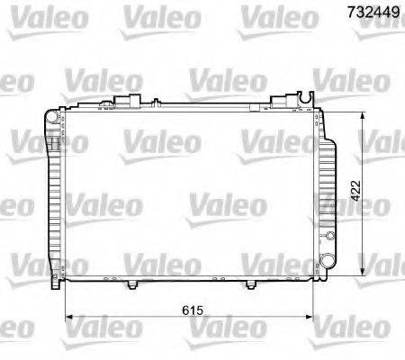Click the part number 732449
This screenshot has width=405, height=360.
tap(373, 12)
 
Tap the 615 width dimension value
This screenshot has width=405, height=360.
tap(193, 310)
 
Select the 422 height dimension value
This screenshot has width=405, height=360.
tap(355, 191)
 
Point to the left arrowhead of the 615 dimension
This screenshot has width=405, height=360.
tap(69, 317)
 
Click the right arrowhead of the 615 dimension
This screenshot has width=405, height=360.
tap(309, 317)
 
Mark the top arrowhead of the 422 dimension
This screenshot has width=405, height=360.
tap(363, 116)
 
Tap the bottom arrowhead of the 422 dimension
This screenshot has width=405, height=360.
tap(363, 271)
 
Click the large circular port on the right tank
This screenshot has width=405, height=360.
tap(327, 260)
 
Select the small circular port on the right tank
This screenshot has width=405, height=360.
tap(330, 236)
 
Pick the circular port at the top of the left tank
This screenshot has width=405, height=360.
tap(52, 116)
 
